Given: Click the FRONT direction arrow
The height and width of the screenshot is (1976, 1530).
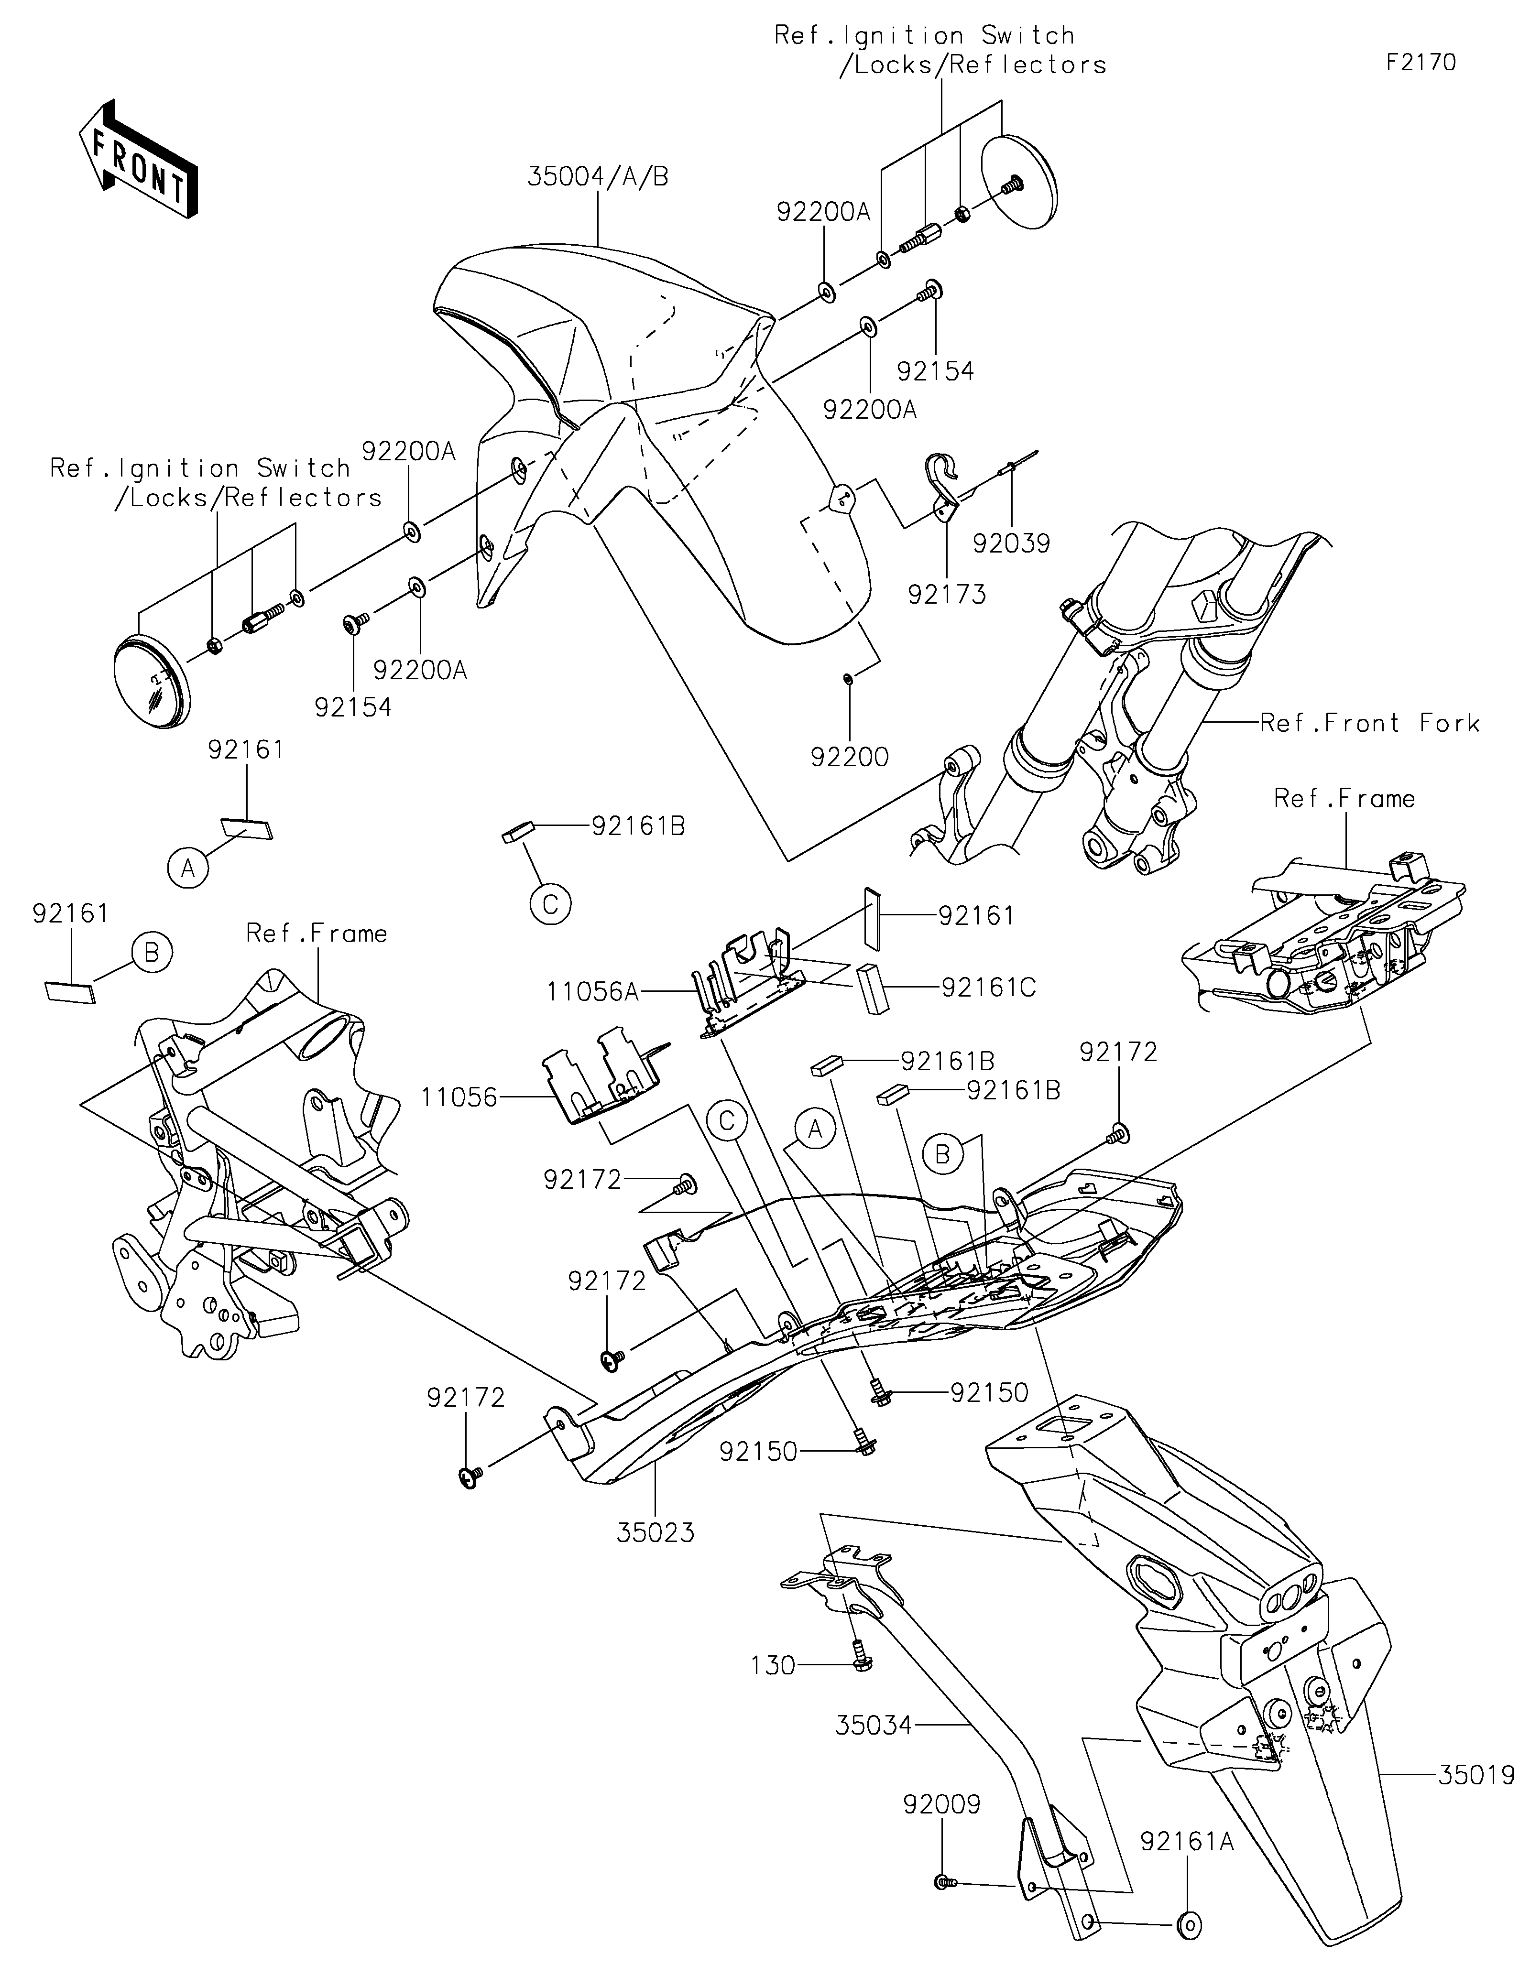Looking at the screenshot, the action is pos(139,159).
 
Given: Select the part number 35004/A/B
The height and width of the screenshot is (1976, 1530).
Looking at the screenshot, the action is pos(598,177).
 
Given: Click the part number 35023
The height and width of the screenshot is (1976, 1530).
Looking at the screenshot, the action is pos(656,1532).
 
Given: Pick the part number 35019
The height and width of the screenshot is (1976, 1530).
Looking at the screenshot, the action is pos(1476,1775).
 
